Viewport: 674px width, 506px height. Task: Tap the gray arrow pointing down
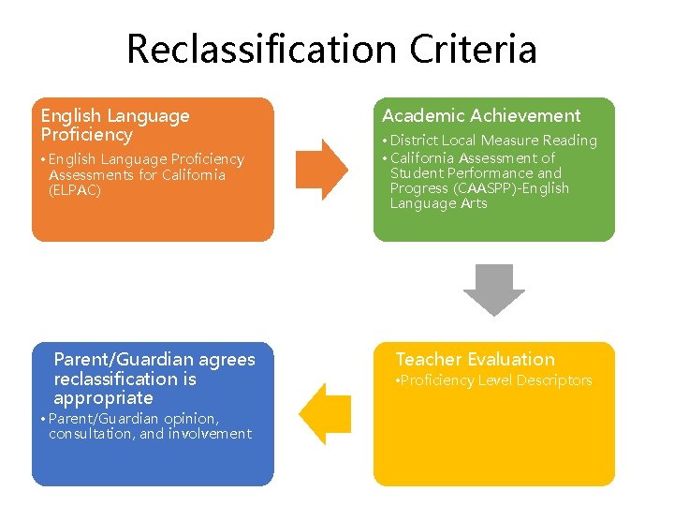pos(494,289)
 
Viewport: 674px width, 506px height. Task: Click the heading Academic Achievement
pos(481,116)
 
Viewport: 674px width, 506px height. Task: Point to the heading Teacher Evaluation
pos(475,360)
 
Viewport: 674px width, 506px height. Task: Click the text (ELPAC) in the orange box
pos(75,190)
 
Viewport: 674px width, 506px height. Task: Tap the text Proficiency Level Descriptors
pos(496,380)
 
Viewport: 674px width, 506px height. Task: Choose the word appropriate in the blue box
pos(103,398)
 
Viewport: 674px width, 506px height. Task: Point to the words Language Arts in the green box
pos(438,203)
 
